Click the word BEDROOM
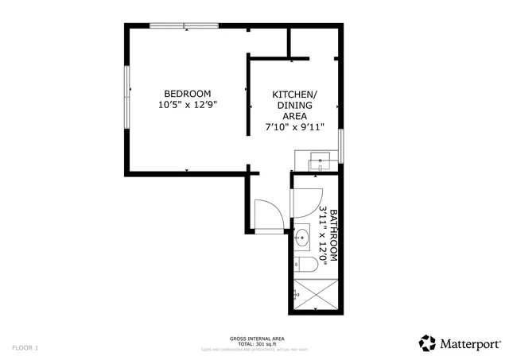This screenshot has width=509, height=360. click(188, 93)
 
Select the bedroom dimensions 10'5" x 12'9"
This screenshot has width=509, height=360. click(188, 104)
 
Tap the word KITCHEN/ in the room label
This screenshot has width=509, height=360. click(294, 93)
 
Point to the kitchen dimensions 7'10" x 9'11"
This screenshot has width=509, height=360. click(294, 126)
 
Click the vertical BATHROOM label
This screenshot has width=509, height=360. click(334, 235)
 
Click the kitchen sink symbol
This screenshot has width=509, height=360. click(320, 161)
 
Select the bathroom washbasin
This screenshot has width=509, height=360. click(303, 238)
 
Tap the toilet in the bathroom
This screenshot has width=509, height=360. click(306, 265)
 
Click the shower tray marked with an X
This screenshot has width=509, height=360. click(316, 295)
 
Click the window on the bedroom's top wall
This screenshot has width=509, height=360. click(184, 27)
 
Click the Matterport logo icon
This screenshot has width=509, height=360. click(427, 343)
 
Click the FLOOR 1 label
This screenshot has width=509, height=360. click(25, 347)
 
